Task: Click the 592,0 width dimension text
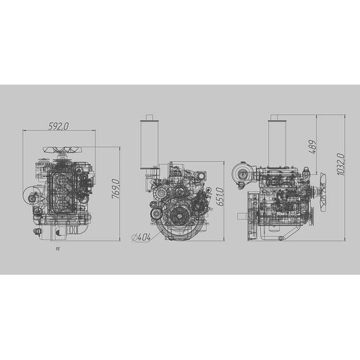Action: (58, 126)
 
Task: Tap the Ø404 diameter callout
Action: (141, 237)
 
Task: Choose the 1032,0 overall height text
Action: (341, 165)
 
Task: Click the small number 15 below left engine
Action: (57, 249)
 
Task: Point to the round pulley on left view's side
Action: (30, 196)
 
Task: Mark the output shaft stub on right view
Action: (241, 216)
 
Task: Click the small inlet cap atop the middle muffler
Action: (150, 117)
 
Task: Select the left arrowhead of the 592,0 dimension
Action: (24, 131)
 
